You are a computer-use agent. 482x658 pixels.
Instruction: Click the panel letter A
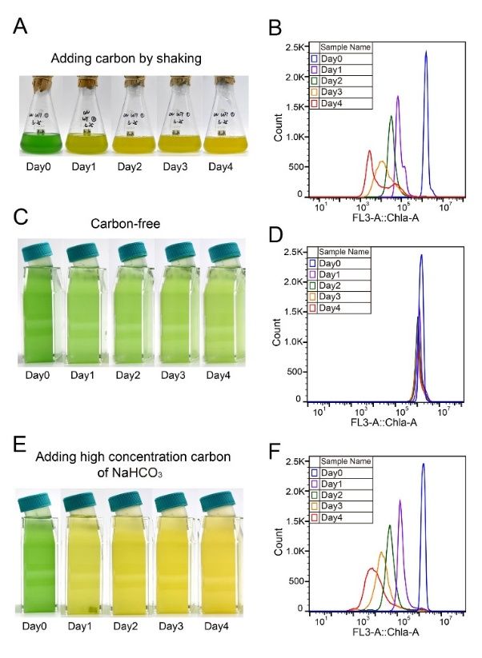[x=22, y=26]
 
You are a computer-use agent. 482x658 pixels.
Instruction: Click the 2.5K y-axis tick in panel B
[x=294, y=47]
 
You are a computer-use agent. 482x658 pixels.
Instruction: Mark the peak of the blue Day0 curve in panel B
[x=426, y=52]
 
